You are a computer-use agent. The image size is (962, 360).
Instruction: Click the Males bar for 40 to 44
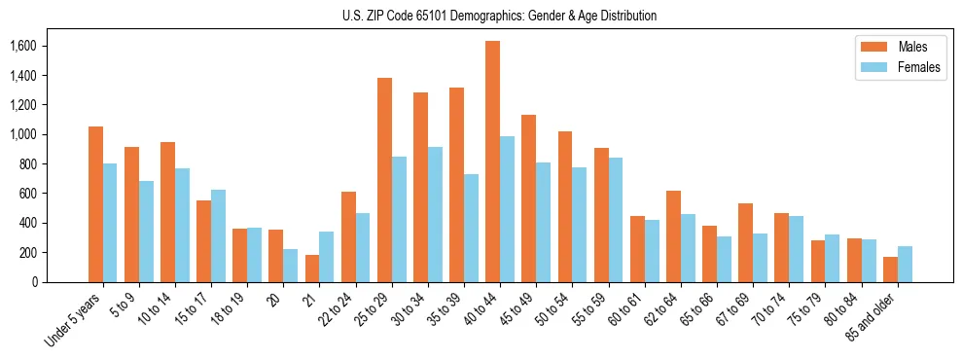click(x=493, y=162)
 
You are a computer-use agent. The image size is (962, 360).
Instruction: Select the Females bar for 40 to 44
click(x=508, y=209)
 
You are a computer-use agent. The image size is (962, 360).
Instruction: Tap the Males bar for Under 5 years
click(x=95, y=204)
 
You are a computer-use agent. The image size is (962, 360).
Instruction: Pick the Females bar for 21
click(x=327, y=257)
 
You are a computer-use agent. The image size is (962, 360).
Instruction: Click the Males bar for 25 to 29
click(x=384, y=180)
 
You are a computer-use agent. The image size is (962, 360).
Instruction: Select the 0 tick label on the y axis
click(x=34, y=282)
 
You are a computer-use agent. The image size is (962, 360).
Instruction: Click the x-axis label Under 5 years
click(x=74, y=321)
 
